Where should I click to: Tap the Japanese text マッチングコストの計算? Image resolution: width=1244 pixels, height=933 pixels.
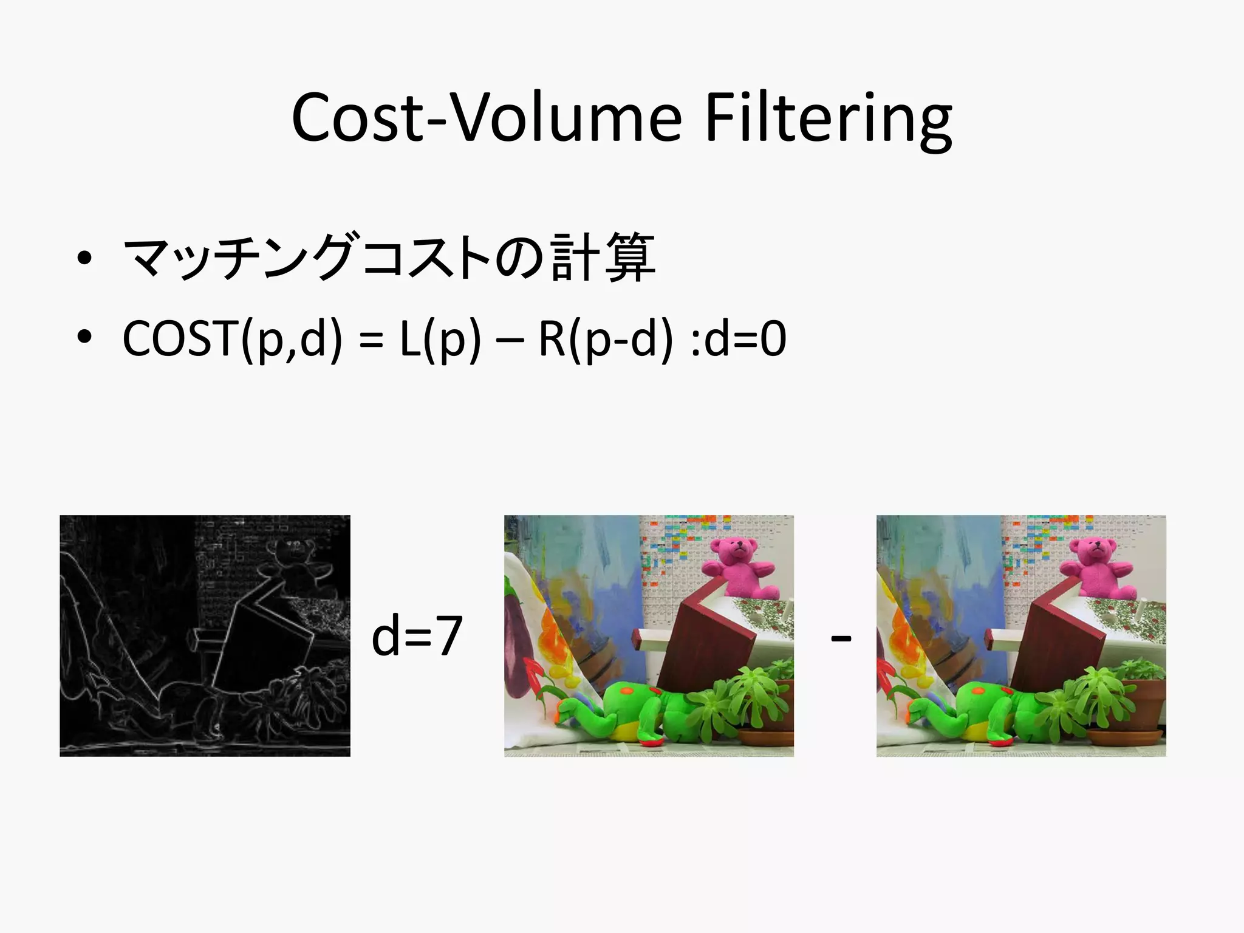389,258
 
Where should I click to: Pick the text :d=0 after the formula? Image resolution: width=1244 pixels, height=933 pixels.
739,340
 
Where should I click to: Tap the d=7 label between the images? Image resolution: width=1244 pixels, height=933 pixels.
417,636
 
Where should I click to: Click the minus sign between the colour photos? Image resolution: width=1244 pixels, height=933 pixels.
841,638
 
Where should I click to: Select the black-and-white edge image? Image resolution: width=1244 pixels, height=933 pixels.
205,635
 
